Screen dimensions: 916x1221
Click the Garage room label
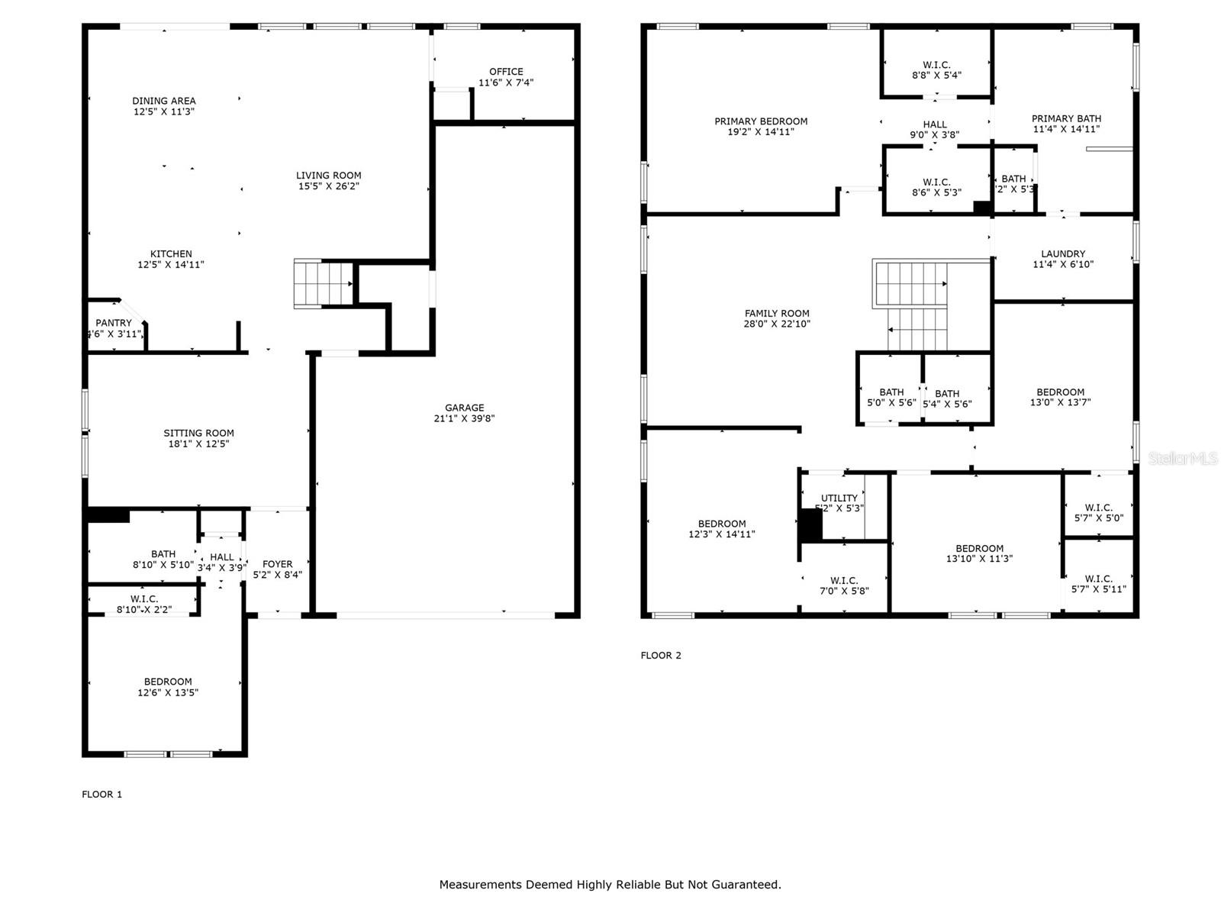[464, 408]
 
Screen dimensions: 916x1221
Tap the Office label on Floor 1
[506, 72]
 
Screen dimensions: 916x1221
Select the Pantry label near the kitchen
[114, 323]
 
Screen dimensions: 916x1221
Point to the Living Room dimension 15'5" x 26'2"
[329, 186]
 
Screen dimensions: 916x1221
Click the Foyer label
[277, 564]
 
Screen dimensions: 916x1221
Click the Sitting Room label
[198, 433]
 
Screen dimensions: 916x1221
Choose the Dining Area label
[164, 101]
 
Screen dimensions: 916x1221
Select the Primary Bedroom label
[761, 121]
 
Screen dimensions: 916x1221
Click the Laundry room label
[1063, 254]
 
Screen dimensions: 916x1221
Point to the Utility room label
[839, 498]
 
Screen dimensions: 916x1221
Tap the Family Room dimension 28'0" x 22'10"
[777, 324]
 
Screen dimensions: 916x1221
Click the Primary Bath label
[1066, 118]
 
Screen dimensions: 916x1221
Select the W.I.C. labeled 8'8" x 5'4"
[936, 70]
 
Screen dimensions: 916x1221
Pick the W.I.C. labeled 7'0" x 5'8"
[844, 585]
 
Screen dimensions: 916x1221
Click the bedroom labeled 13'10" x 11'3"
[979, 553]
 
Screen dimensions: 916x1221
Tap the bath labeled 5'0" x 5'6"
[891, 397]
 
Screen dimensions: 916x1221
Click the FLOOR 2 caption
[661, 655]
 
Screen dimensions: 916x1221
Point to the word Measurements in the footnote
[480, 885]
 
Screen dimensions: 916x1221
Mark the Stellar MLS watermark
[1183, 458]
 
